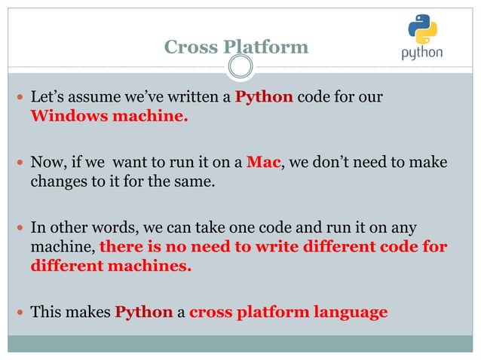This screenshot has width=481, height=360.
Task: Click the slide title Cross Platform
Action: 236,47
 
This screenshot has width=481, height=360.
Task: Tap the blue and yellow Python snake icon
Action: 421,30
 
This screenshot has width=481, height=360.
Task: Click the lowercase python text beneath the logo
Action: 421,53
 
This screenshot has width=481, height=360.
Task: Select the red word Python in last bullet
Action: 143,312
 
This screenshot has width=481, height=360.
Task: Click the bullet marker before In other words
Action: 20,226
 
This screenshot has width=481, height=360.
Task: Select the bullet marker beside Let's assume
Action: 20,98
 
